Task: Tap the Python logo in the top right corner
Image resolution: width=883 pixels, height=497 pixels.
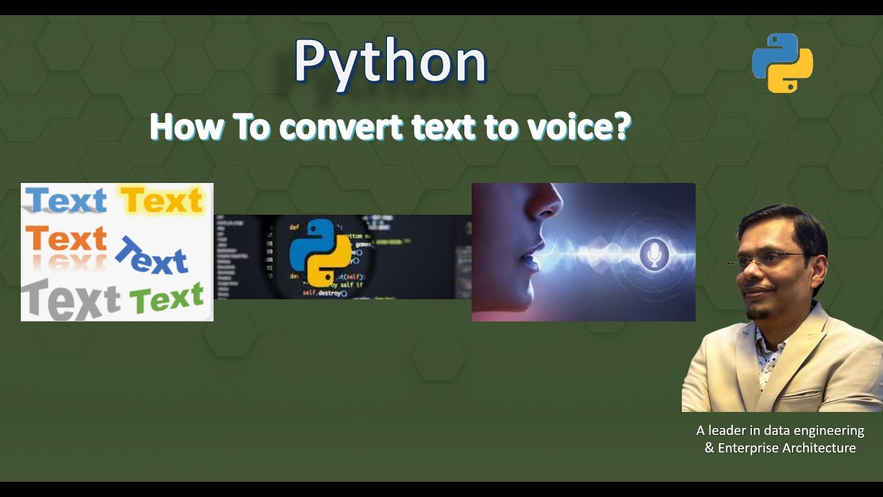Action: (x=782, y=63)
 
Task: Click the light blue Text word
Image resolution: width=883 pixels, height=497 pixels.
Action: (x=66, y=201)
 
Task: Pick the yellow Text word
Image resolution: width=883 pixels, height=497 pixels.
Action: (x=161, y=201)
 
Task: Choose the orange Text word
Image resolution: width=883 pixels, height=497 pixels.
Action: (x=66, y=239)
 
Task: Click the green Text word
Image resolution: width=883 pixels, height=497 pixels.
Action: (x=166, y=299)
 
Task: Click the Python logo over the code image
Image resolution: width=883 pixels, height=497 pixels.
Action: (x=320, y=253)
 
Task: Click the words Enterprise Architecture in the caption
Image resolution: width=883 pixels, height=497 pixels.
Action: (x=786, y=448)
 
